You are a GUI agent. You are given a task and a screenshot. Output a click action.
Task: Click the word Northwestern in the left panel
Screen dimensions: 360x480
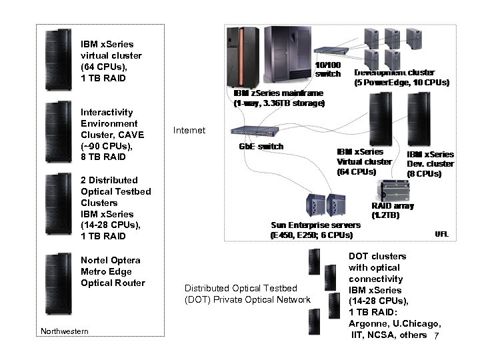65,331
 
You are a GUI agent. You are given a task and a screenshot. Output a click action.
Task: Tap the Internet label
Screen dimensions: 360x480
189,130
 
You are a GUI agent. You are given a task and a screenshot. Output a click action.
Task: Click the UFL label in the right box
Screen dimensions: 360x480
441,234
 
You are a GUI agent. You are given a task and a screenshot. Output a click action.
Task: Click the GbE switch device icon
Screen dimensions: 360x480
247,133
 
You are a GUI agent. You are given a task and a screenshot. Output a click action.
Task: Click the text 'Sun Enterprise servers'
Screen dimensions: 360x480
315,225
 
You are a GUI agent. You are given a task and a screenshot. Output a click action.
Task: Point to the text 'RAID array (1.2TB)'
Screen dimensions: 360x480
392,210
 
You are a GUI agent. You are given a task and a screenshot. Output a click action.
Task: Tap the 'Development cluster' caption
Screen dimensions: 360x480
395,72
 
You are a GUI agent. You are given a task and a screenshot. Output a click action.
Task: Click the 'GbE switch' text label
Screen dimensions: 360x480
261,147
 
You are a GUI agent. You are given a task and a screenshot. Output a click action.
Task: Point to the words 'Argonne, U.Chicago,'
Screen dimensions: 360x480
395,323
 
